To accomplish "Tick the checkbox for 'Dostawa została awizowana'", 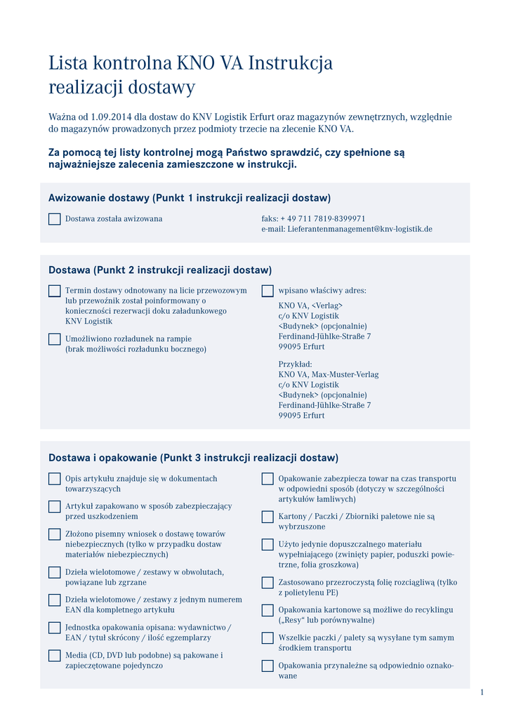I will tap(54, 219).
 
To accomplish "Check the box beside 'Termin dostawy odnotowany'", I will tap(54, 291).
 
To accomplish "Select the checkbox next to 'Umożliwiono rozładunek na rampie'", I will tap(54, 339).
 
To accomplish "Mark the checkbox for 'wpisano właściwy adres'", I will tap(267, 291).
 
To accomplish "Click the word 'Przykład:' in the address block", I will tap(295, 364).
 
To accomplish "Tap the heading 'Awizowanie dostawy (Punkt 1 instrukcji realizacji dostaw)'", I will tap(189, 198).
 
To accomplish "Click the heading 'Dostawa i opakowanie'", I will tap(103, 458).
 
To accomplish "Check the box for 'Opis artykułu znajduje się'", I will tap(54, 479).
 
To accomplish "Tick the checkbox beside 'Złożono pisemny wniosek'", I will tap(54, 534).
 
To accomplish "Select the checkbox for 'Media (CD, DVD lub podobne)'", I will tap(54, 656).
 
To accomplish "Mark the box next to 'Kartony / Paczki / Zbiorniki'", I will tap(267, 517).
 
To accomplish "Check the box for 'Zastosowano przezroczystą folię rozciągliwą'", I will tap(267, 583).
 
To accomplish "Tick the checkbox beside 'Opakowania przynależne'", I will tap(267, 666).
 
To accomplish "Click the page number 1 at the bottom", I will tap(482, 693).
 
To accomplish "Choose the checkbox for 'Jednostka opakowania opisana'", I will tap(54, 628).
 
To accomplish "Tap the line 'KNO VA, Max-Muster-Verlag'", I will tap(328, 374).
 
